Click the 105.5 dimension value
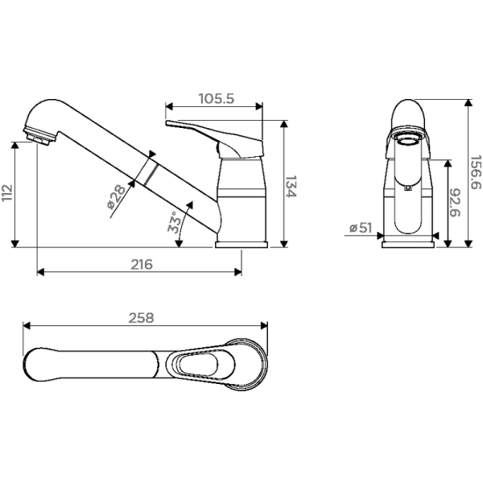[x=215, y=99]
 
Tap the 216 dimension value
[x=139, y=263]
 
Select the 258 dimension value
[x=142, y=319]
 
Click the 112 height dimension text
[x=8, y=193]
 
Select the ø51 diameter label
[x=361, y=229]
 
